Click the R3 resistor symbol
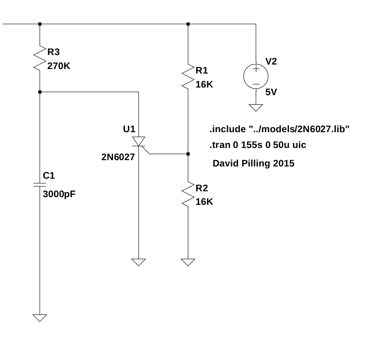point(40,58)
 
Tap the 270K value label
point(59,65)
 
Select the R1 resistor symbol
point(188,77)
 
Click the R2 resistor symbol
point(188,194)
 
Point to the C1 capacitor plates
point(40,184)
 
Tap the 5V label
point(271,92)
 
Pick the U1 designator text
point(129,129)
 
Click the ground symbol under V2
point(255,108)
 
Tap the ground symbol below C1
point(40,318)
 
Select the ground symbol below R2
point(188,262)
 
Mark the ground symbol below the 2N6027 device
point(139,262)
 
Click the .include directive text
point(279,129)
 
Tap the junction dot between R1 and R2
point(188,154)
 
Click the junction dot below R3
point(40,92)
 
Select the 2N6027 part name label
point(118,157)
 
